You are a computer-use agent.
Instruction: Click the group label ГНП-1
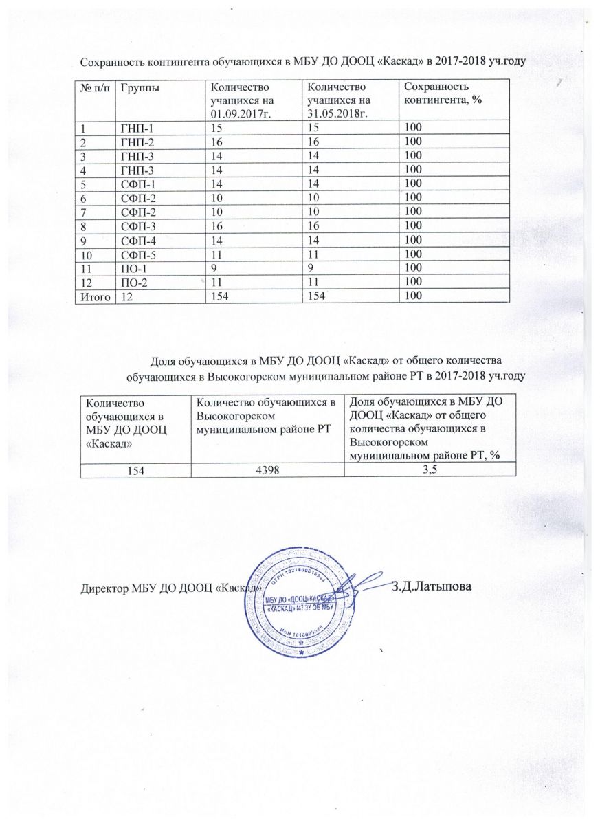[x=136, y=127]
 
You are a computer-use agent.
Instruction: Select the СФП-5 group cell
[x=136, y=254]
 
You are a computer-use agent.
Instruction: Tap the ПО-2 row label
[x=133, y=283]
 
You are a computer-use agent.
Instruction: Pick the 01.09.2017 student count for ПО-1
[x=214, y=268]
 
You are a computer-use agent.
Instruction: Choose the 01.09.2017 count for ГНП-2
[x=216, y=141]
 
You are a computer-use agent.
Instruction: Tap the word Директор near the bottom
[x=104, y=589]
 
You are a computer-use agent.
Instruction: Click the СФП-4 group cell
[x=136, y=240]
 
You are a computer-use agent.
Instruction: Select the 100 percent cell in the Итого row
[x=412, y=296]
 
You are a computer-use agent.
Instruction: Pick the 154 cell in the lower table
[x=134, y=470]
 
